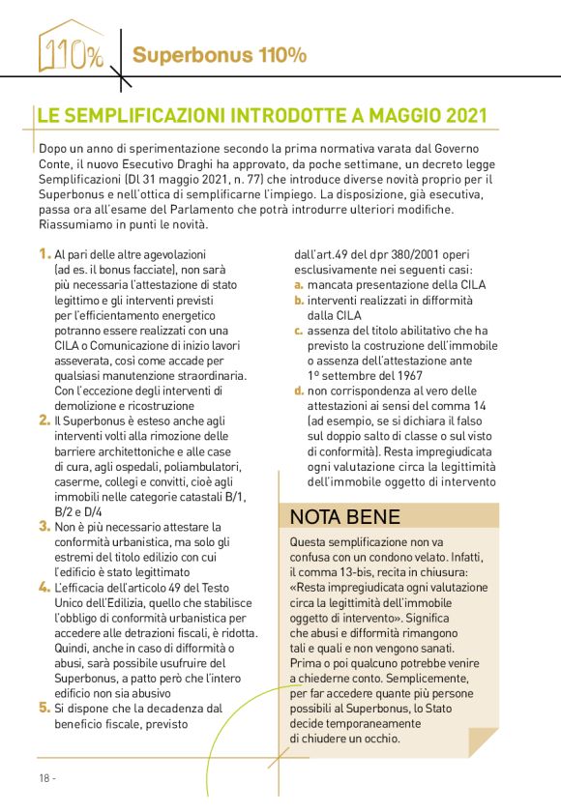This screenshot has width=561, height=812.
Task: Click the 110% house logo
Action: [x=70, y=48]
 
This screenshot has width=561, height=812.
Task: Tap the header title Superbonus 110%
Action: [x=220, y=55]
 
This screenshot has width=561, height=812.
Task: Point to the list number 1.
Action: [x=44, y=254]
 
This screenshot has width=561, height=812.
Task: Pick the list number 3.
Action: [x=44, y=526]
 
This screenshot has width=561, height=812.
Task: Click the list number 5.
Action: [x=44, y=707]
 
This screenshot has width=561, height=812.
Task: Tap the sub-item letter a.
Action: [x=299, y=285]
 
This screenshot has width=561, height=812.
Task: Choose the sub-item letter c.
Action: [x=299, y=331]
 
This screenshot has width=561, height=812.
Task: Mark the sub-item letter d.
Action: [x=299, y=391]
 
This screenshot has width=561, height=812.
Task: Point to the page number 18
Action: [x=44, y=777]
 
